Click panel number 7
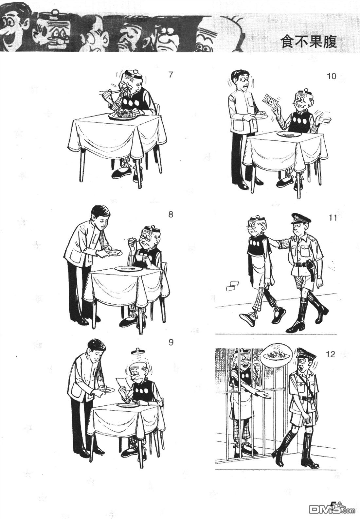tap(171, 75)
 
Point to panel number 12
tap(331, 354)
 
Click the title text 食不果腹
tap(309, 42)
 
